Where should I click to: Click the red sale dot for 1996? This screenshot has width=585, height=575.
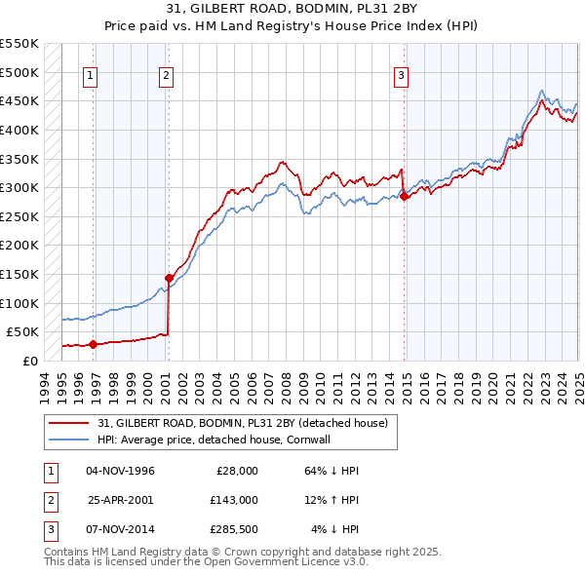(x=93, y=343)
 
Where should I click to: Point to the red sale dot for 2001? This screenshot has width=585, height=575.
(x=169, y=278)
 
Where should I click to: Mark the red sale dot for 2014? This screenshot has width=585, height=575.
(x=404, y=196)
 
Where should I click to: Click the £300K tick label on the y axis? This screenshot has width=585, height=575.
(x=19, y=187)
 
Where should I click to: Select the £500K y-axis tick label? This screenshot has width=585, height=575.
(x=19, y=72)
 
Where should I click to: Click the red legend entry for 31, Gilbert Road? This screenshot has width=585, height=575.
(x=243, y=423)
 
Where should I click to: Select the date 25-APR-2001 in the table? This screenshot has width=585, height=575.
(x=121, y=499)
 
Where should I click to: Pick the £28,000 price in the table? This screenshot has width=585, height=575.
(x=233, y=470)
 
